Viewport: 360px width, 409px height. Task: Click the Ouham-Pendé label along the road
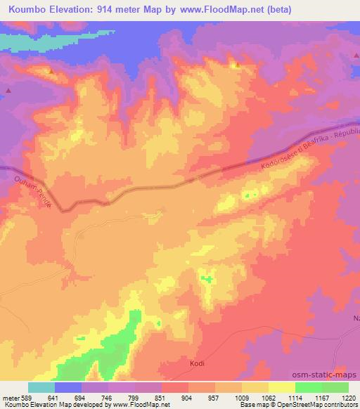click(34, 190)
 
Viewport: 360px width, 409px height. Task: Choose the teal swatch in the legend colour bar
click(41, 387)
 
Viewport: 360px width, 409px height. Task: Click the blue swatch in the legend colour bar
click(68, 387)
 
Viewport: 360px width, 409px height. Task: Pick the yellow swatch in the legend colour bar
click(282, 387)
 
